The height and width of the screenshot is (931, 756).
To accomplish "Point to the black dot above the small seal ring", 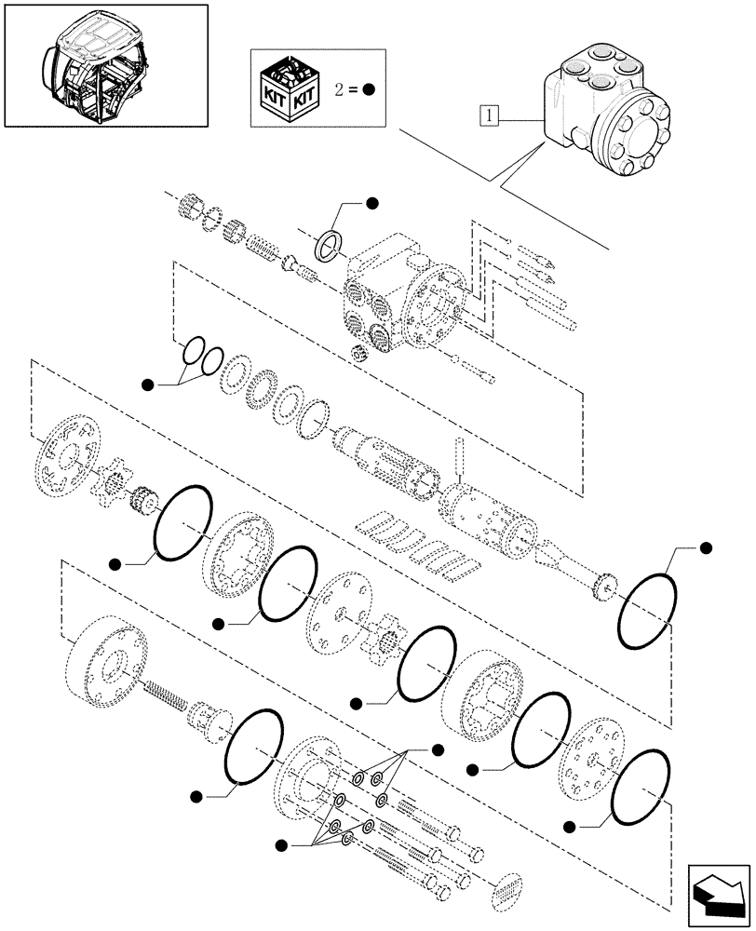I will coord(371,203).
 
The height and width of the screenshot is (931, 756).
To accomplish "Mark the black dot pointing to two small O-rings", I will coord(147,385).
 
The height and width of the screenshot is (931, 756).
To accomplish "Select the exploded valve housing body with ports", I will coord(400,298).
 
